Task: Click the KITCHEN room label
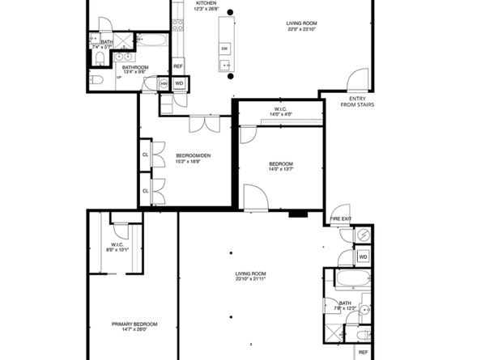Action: (206, 3)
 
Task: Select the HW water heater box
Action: (164, 83)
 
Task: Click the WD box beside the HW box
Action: (179, 83)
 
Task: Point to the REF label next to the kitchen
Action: (177, 66)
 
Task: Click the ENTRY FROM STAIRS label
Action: (356, 101)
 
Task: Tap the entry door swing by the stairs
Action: (354, 79)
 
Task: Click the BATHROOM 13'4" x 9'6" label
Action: (135, 69)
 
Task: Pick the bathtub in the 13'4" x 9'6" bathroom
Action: (151, 39)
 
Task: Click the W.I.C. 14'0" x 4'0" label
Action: (281, 111)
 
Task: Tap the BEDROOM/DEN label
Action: (187, 156)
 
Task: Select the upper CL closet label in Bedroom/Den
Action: (146, 154)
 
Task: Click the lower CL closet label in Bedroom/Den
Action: (146, 191)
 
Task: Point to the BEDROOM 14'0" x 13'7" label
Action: (281, 167)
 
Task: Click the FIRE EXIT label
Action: (341, 219)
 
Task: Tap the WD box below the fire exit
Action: (363, 257)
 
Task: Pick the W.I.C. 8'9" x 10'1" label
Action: (119, 247)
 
